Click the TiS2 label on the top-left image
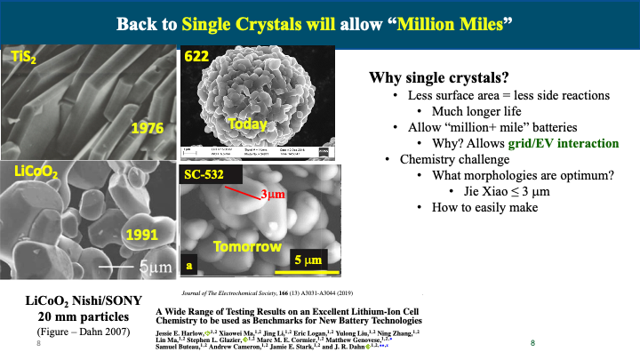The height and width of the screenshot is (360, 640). (24, 59)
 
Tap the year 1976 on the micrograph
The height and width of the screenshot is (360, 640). (148, 128)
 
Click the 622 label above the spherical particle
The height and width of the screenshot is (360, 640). (196, 57)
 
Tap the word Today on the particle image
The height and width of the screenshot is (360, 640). (245, 125)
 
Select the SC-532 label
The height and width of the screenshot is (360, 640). (205, 175)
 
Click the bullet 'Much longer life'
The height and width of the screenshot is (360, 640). (476, 111)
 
